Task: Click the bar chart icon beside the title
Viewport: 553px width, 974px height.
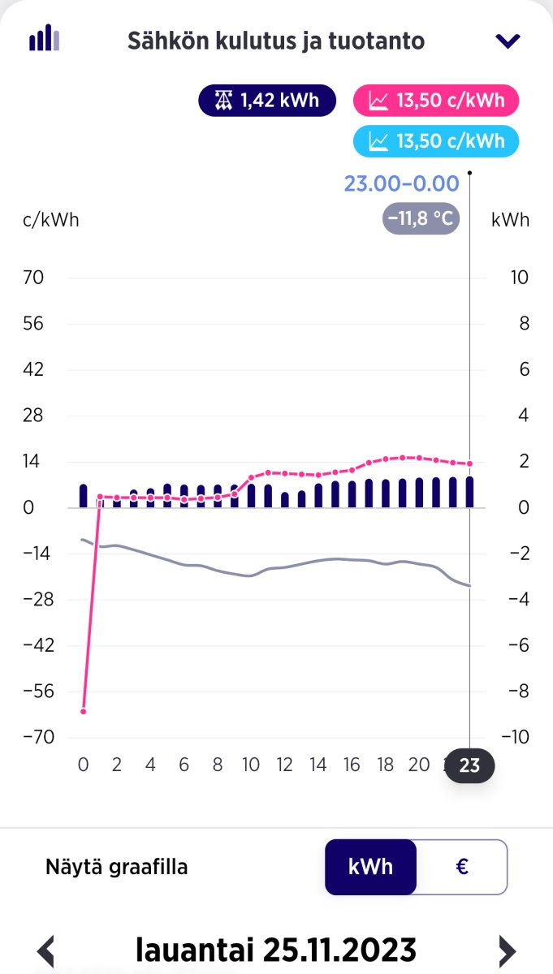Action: [44, 38]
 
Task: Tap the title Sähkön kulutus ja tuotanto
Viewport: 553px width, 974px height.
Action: [276, 41]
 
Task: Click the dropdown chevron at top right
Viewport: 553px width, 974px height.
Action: [508, 41]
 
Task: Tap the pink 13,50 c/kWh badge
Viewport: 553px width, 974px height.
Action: [436, 101]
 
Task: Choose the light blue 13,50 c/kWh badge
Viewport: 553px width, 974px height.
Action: [436, 141]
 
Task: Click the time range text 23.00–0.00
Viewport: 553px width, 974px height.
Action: [401, 183]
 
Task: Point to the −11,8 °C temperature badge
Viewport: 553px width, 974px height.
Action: [421, 219]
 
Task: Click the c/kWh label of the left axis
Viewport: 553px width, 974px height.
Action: [50, 220]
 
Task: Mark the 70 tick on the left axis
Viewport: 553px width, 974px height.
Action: [33, 278]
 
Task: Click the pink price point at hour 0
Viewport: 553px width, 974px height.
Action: [83, 711]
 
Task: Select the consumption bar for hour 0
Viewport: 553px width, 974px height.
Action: [83, 495]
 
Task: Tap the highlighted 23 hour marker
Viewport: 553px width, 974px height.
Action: [469, 765]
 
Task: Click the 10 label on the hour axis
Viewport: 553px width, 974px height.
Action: [251, 765]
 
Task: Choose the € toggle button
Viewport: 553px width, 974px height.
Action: [461, 867]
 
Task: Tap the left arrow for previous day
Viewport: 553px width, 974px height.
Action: [47, 950]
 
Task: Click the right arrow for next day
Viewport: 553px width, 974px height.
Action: [507, 950]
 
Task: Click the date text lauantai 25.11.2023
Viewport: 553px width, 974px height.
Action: [276, 950]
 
